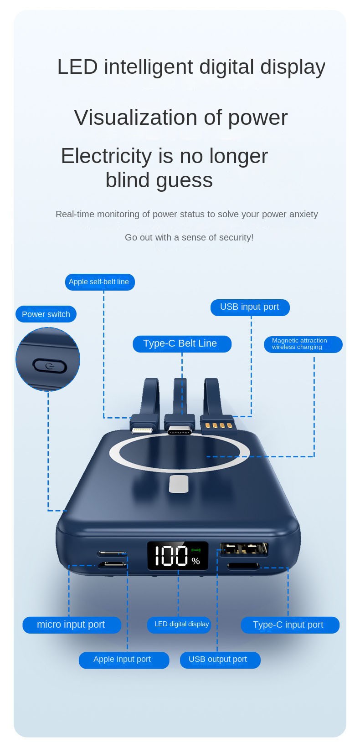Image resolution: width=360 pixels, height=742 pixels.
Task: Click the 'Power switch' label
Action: click(46, 314)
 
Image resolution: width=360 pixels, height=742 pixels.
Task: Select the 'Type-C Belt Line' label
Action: click(182, 344)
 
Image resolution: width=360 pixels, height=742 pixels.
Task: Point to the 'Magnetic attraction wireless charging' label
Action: click(303, 344)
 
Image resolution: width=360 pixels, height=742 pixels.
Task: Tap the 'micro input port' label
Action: click(72, 625)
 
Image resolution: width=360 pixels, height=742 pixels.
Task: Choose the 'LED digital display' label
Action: click(179, 625)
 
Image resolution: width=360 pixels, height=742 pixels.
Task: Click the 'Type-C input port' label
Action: click(290, 625)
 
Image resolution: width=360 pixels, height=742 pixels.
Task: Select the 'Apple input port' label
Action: click(124, 660)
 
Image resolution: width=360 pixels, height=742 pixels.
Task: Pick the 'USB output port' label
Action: click(220, 660)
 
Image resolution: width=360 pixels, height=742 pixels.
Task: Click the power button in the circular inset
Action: click(50, 366)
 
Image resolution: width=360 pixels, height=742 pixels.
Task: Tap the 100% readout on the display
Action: click(177, 556)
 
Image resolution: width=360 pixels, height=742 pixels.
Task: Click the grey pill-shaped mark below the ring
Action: click(179, 484)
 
